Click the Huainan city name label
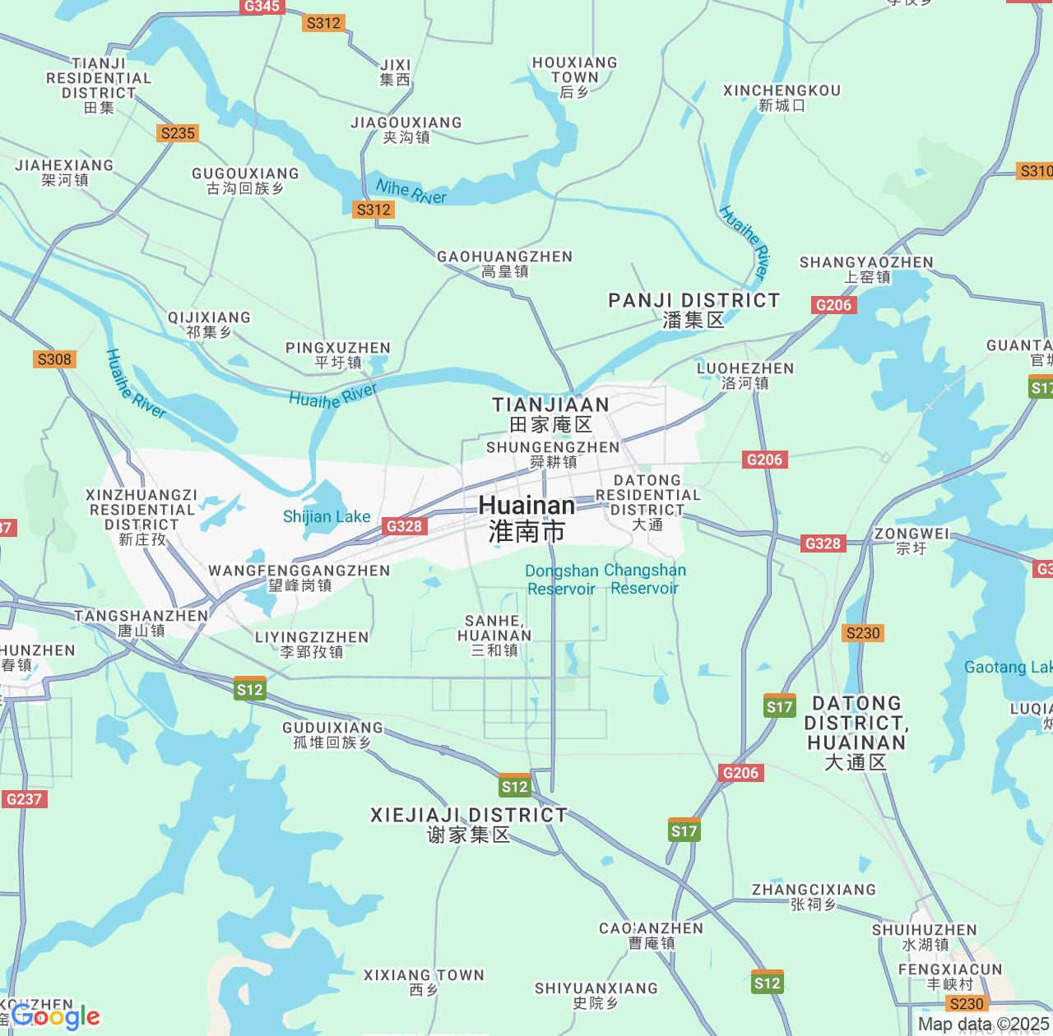click(526, 518)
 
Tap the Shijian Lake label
click(327, 517)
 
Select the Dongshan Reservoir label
click(562, 580)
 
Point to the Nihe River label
click(411, 192)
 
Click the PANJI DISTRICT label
click(693, 309)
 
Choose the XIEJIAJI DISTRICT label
click(468, 825)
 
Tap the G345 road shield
click(262, 7)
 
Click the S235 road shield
click(178, 133)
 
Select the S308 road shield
click(54, 359)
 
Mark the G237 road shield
click(24, 799)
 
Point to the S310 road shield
click(1035, 171)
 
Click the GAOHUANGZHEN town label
click(504, 264)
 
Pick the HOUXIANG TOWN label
click(574, 76)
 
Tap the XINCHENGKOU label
click(782, 97)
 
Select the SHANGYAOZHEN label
click(866, 269)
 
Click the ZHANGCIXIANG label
click(814, 896)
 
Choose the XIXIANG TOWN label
click(424, 982)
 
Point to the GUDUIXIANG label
click(332, 734)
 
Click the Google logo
click(56, 1017)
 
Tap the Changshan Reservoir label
click(645, 579)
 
